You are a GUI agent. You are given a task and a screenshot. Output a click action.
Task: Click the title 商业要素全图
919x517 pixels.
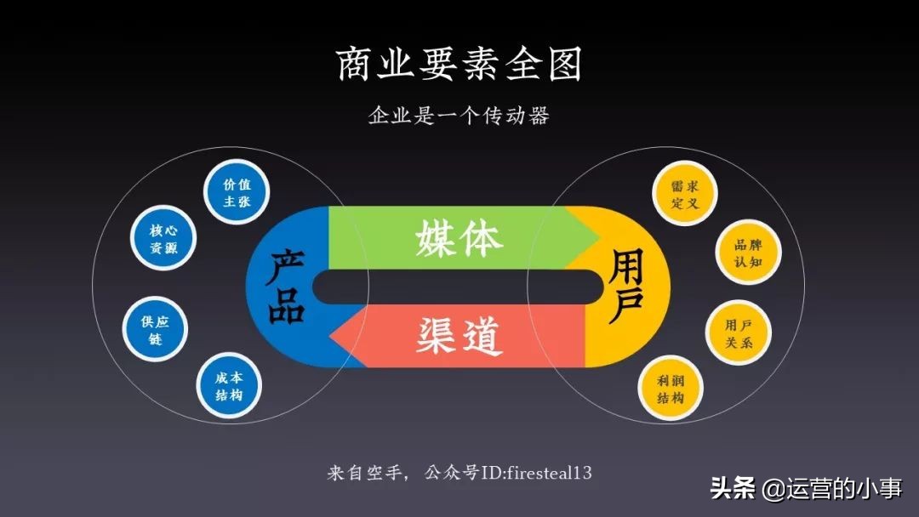point(459,65)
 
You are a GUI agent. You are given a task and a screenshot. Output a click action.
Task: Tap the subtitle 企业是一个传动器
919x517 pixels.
point(459,116)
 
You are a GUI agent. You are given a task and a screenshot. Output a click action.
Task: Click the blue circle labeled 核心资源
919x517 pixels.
point(163,239)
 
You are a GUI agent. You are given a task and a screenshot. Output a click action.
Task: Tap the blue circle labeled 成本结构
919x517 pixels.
point(228,387)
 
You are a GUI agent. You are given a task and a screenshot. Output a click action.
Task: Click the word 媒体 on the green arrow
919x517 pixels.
point(459,239)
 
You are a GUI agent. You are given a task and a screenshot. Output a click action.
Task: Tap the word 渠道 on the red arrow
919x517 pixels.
point(459,336)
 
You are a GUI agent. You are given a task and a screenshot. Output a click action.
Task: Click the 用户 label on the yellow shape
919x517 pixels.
point(627,287)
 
